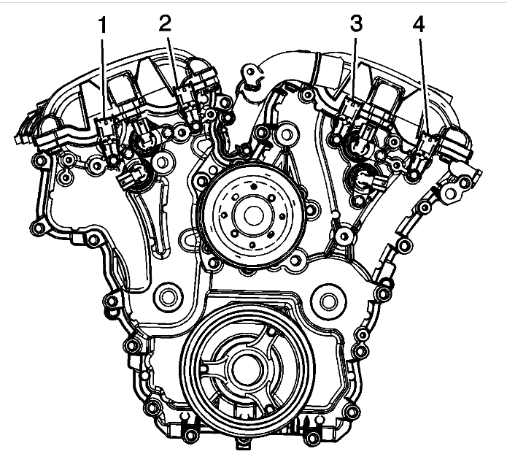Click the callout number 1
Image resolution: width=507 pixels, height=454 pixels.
[x=102, y=26]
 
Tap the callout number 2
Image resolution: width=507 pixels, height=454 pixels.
[x=165, y=23]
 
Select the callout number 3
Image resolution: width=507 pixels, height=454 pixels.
[x=356, y=24]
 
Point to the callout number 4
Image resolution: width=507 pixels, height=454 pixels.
[x=419, y=25]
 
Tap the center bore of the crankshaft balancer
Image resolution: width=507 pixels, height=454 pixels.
[x=247, y=369]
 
